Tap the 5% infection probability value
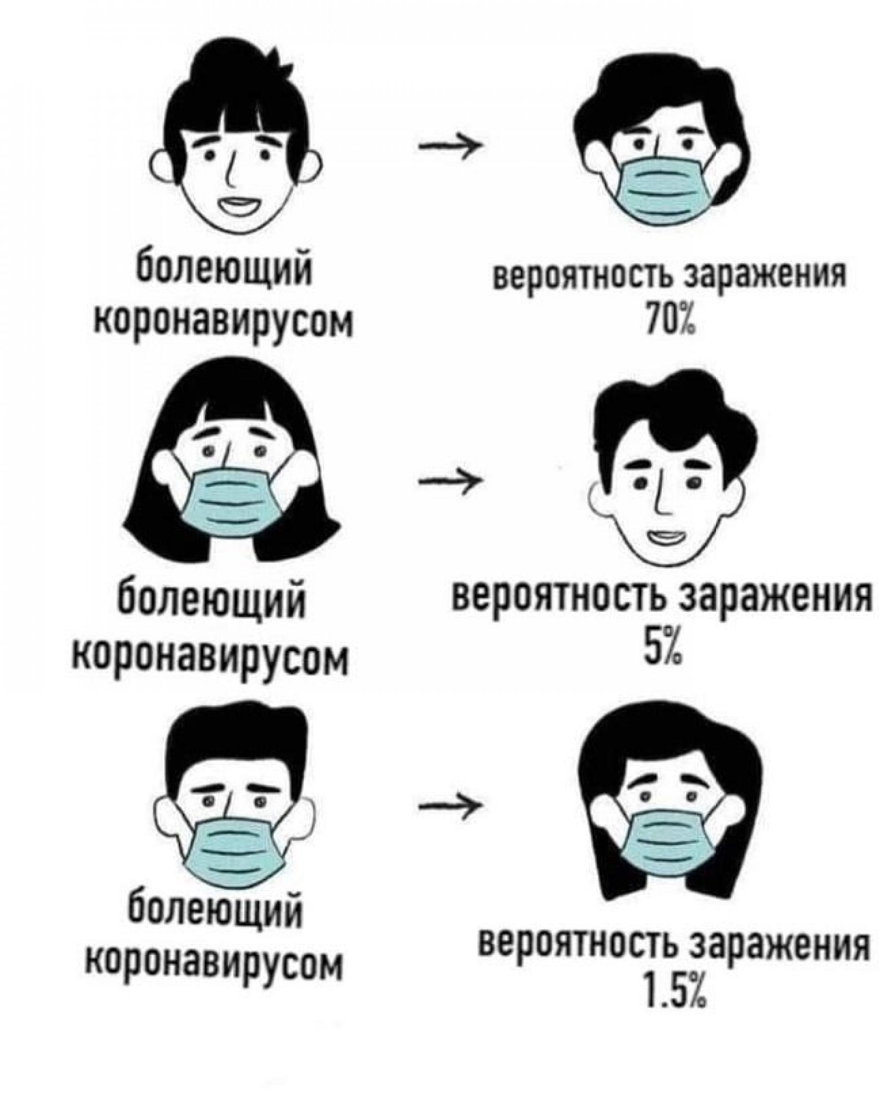pos(663,647)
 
